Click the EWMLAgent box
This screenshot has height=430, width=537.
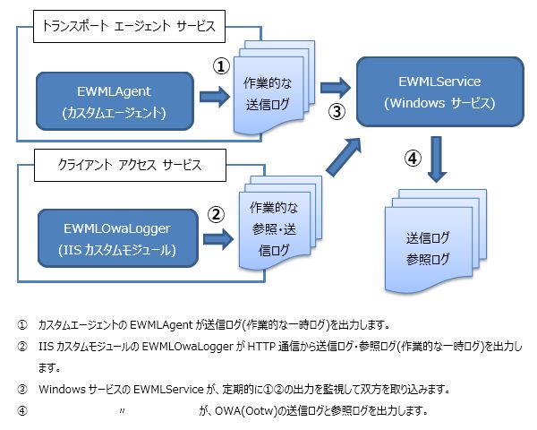point(115,101)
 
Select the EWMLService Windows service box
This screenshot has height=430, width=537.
point(440,92)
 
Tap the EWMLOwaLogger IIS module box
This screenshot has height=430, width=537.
point(118,238)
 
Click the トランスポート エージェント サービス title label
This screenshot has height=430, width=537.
point(129,26)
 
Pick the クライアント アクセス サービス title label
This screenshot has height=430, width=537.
point(130,165)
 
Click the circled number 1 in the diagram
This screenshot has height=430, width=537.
point(221,65)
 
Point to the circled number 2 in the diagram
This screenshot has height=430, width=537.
point(216,215)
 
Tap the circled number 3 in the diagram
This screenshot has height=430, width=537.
point(337,111)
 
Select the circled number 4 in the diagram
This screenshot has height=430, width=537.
point(413,158)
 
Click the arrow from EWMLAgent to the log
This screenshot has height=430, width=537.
point(215,97)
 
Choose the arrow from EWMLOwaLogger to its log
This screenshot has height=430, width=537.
point(218,239)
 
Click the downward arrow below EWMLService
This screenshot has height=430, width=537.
point(437,159)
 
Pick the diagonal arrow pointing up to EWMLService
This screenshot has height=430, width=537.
point(344,158)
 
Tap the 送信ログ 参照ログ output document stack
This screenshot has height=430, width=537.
point(436,241)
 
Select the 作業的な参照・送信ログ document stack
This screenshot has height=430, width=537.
point(280,223)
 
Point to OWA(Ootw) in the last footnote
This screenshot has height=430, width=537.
point(246,411)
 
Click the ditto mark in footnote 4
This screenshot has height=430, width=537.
point(123,410)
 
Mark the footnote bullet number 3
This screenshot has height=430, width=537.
point(22,390)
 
